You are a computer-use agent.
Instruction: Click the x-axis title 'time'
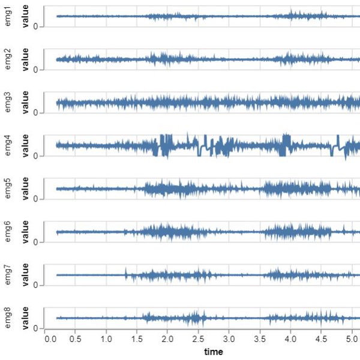(213, 351)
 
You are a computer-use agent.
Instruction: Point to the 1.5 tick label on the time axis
(136, 339)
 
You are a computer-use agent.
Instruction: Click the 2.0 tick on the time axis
(167, 339)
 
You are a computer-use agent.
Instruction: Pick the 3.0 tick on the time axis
(229, 339)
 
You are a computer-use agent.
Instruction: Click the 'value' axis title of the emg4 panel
(26, 146)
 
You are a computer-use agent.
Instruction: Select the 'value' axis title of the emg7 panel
(26, 275)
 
